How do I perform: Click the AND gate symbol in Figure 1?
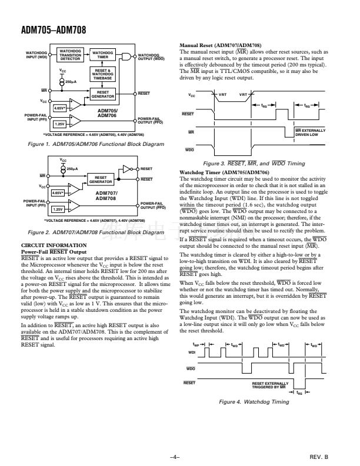coord(125,55)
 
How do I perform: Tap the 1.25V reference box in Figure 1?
coord(59,124)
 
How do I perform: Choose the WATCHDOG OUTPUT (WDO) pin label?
coord(151,57)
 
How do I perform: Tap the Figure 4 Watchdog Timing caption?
coord(254,402)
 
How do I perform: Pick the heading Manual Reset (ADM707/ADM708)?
coord(221,45)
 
